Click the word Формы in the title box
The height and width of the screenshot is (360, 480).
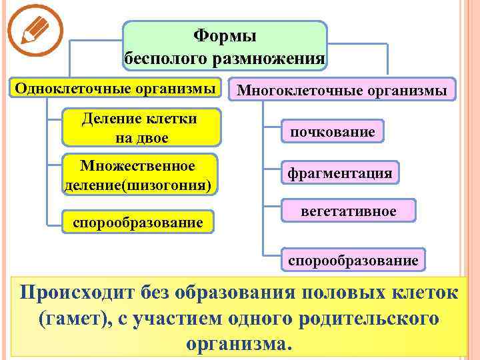coord(224,35)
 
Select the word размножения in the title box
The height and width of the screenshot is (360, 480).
coord(268,59)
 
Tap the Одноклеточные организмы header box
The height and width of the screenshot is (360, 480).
coord(115,88)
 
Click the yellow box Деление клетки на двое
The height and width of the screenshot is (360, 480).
coord(141,128)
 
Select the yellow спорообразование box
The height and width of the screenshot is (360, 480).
coord(138,222)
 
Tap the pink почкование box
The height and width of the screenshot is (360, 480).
coord(332,132)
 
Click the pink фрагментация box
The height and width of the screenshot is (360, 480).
coord(339,173)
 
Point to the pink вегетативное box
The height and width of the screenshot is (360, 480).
coord(348,211)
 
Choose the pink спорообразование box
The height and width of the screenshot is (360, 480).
coord(353,259)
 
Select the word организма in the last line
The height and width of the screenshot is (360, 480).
coord(236,345)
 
